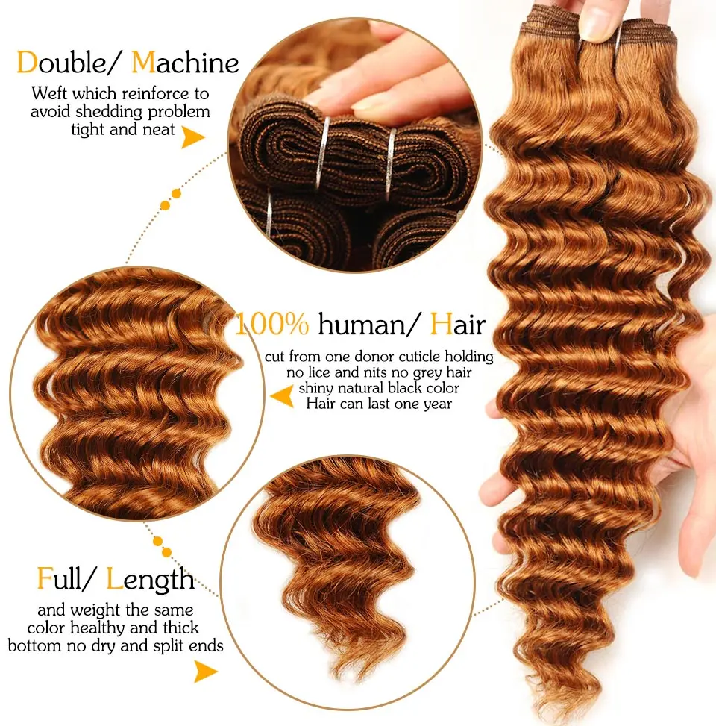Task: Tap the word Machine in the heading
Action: (185, 63)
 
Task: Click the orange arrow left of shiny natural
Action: (281, 396)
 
